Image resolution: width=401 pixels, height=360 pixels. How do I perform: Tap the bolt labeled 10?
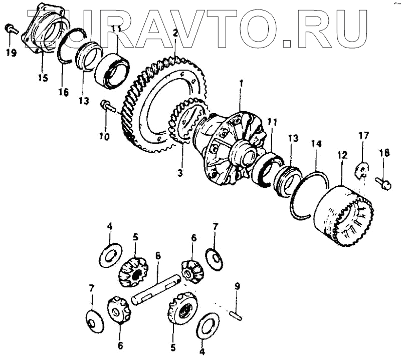[107, 106]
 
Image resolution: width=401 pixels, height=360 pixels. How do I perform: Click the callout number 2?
[175, 33]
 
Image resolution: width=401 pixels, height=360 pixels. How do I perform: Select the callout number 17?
[363, 135]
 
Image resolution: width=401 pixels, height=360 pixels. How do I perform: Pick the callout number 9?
[237, 286]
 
